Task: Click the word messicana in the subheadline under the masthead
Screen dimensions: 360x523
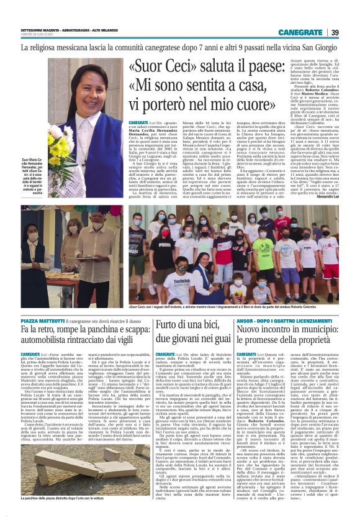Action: click(x=83, y=47)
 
